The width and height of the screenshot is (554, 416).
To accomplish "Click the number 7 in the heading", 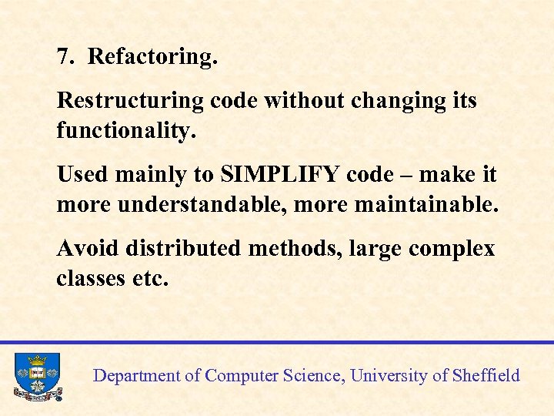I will [x=64, y=57].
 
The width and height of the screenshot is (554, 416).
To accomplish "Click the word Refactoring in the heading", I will [x=152, y=57].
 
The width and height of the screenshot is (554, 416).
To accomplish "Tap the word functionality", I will [x=126, y=131].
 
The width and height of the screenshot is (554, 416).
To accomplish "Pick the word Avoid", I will [x=87, y=249].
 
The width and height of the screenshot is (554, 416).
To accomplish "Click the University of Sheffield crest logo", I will [x=37, y=376].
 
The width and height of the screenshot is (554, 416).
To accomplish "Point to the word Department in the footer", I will [x=135, y=376].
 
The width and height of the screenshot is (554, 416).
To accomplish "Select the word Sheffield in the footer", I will [x=486, y=376].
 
